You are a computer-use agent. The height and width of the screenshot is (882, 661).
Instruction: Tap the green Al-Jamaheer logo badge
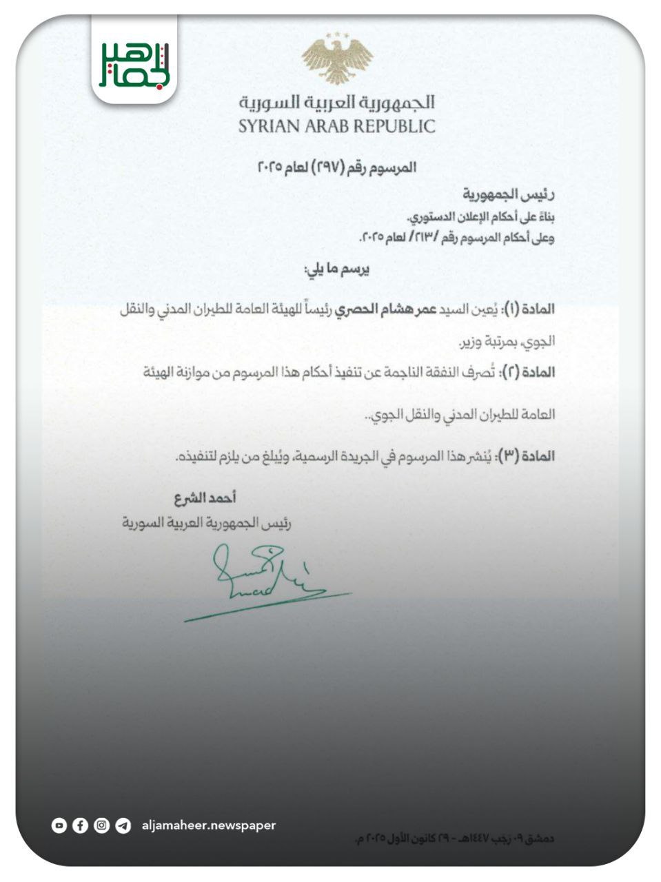point(134,64)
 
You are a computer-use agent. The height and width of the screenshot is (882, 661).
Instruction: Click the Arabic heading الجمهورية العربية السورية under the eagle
point(337,103)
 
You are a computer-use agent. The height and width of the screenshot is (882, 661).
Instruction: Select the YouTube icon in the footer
point(59,825)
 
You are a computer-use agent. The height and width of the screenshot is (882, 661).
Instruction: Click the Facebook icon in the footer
point(80,825)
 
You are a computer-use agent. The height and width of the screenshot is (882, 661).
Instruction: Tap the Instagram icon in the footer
point(101,825)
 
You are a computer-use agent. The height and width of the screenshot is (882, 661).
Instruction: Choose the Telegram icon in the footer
point(123,825)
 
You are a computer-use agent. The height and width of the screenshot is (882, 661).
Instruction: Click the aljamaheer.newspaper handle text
point(208,825)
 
